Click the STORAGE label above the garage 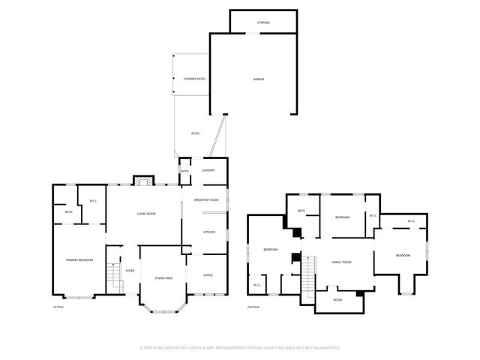(x=262, y=22)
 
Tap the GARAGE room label (x=258, y=79)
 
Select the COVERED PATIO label (x=194, y=79)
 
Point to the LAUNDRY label (x=209, y=170)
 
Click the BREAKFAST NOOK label (x=206, y=199)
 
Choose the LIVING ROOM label (x=145, y=214)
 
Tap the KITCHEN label (x=209, y=232)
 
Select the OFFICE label (x=208, y=275)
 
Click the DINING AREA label (x=163, y=278)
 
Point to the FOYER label (x=130, y=271)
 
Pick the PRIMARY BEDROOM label (x=79, y=259)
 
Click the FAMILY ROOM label (x=342, y=262)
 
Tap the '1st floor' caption (x=57, y=307)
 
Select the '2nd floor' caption (x=254, y=307)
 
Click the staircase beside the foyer (x=115, y=278)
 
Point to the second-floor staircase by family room (x=307, y=277)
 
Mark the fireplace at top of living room (x=143, y=181)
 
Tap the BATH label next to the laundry (x=185, y=171)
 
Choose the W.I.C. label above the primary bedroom (x=93, y=201)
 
